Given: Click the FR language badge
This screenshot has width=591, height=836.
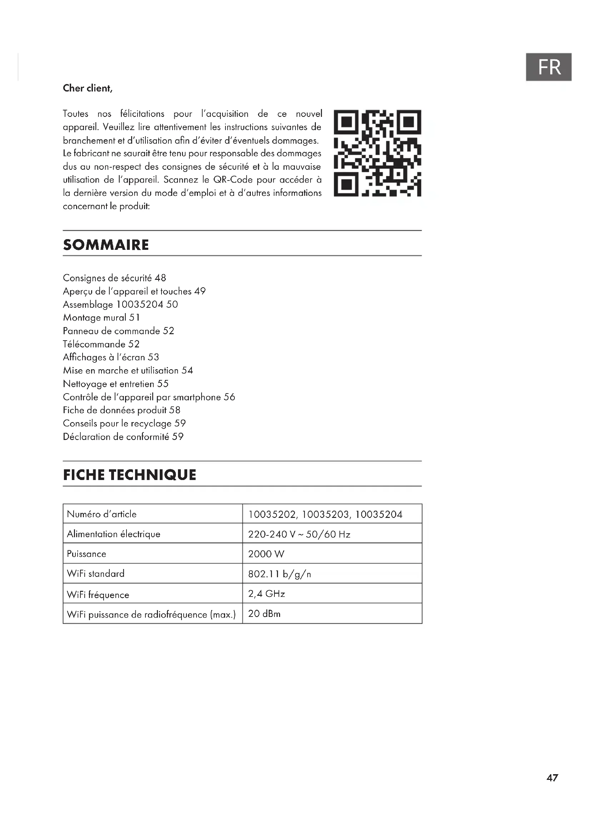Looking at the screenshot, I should [548, 67].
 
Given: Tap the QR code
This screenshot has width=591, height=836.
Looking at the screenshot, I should [377, 153].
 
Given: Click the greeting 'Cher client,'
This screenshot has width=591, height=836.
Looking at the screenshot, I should [88, 89].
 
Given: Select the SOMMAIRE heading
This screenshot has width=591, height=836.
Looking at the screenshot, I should [106, 245].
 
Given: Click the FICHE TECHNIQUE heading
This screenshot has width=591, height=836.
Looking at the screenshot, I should [130, 475].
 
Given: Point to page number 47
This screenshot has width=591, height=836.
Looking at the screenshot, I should [552, 778].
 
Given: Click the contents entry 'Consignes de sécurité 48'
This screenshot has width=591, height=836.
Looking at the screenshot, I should [114, 278].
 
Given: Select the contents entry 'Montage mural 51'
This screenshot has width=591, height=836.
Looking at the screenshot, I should [101, 318].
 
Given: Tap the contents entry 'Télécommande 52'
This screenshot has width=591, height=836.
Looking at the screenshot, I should [101, 344].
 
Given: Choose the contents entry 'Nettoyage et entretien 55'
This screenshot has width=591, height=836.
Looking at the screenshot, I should [116, 384].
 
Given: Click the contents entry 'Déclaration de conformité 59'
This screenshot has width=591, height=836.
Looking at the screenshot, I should [123, 436].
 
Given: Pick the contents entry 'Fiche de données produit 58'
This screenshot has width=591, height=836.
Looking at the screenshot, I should [121, 410].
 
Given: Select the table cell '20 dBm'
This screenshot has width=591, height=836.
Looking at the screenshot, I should [264, 614].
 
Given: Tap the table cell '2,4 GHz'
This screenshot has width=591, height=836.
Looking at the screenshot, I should [267, 594].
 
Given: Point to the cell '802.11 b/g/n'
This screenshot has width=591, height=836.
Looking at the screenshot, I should [279, 574].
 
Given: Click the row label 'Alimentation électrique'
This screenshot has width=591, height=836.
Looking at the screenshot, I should [114, 534].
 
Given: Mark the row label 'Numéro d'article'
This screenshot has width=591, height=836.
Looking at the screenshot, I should [101, 514].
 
